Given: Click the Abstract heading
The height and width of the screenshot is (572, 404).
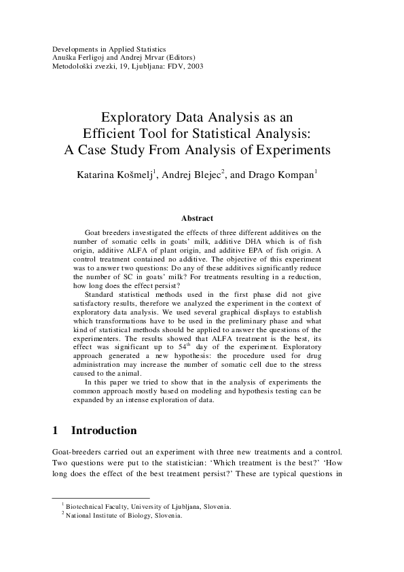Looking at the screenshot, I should (197, 218).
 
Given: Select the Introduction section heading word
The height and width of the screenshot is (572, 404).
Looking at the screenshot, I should (104, 431).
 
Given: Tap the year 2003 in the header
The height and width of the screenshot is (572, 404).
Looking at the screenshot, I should (194, 66).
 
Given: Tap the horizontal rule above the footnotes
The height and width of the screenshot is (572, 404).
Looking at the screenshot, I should (100, 498).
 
